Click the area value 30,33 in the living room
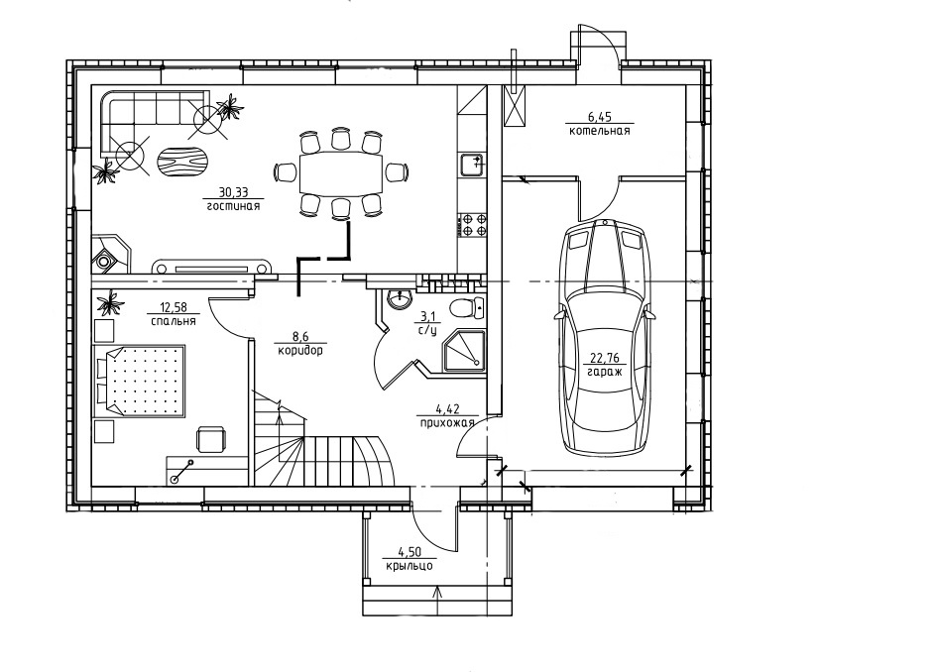tap(233, 192)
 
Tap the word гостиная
tap(233, 207)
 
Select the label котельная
tap(599, 131)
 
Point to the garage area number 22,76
tap(605, 359)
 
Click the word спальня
tap(173, 321)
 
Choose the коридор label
tap(300, 351)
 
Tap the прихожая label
tap(446, 423)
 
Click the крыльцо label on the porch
tap(410, 566)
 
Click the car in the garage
tap(605, 339)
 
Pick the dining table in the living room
tap(340, 172)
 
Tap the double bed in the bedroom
tap(139, 380)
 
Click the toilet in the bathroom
tap(468, 308)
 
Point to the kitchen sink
tap(472, 164)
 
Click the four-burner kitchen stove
tap(471, 225)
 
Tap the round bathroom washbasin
tap(398, 298)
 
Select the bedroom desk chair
tap(211, 439)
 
